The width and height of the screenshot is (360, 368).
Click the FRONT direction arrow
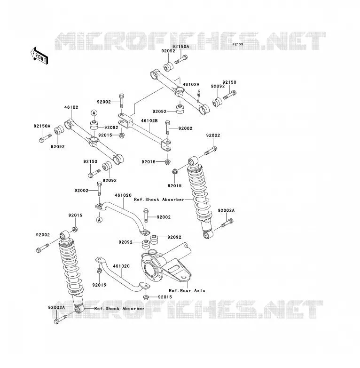39,56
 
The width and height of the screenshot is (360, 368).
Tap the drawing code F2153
238,44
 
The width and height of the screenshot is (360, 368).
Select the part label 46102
71,107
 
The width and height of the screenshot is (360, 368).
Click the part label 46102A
191,84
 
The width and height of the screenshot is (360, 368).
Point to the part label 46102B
149,120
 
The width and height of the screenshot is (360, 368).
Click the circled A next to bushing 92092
94,113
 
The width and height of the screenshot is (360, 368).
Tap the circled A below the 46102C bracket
99,220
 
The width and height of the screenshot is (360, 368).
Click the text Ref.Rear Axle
187,290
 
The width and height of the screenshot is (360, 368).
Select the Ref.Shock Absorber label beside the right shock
159,200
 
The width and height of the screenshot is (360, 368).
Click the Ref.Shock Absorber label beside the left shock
119,308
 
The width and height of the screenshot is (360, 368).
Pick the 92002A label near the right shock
226,210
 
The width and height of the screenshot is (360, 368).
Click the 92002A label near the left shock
56,307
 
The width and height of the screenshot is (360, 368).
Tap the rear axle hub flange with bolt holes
152,268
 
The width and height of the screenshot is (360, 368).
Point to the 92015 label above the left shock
75,215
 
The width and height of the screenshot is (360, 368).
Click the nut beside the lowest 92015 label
145,297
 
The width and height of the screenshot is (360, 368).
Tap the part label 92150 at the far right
229,82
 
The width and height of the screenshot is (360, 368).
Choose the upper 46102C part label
123,195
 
